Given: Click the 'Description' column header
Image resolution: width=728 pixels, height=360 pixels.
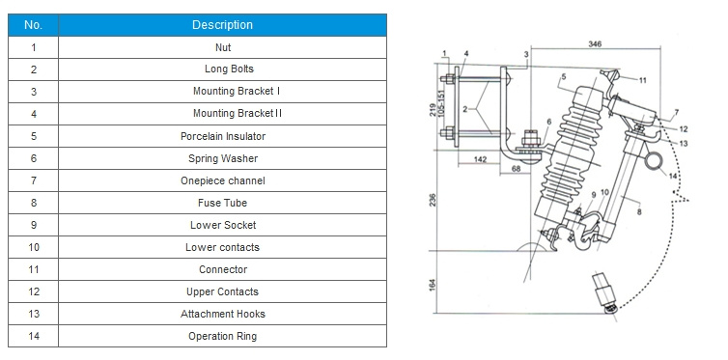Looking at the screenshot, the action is pyautogui.click(x=222, y=25).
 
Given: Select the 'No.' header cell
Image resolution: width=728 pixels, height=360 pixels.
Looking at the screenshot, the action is pyautogui.click(x=33, y=25).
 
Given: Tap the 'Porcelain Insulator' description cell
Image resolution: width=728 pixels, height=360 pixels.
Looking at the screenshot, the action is pyautogui.click(x=222, y=136).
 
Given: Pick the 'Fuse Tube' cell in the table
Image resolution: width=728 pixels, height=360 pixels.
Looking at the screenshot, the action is pyautogui.click(x=222, y=204).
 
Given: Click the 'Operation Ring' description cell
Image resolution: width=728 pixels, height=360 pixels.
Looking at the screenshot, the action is pyautogui.click(x=222, y=336).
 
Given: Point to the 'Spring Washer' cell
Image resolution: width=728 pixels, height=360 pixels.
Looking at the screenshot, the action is pyautogui.click(x=222, y=158).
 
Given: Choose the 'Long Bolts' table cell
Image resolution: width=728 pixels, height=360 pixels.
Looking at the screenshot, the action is pyautogui.click(x=222, y=69).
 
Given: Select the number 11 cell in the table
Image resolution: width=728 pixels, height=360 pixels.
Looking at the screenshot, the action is pyautogui.click(x=33, y=269).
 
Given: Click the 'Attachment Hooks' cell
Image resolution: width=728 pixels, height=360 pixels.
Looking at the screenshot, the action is pyautogui.click(x=222, y=314).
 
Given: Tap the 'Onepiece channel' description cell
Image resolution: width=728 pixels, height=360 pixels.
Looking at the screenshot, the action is pyautogui.click(x=222, y=180).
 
